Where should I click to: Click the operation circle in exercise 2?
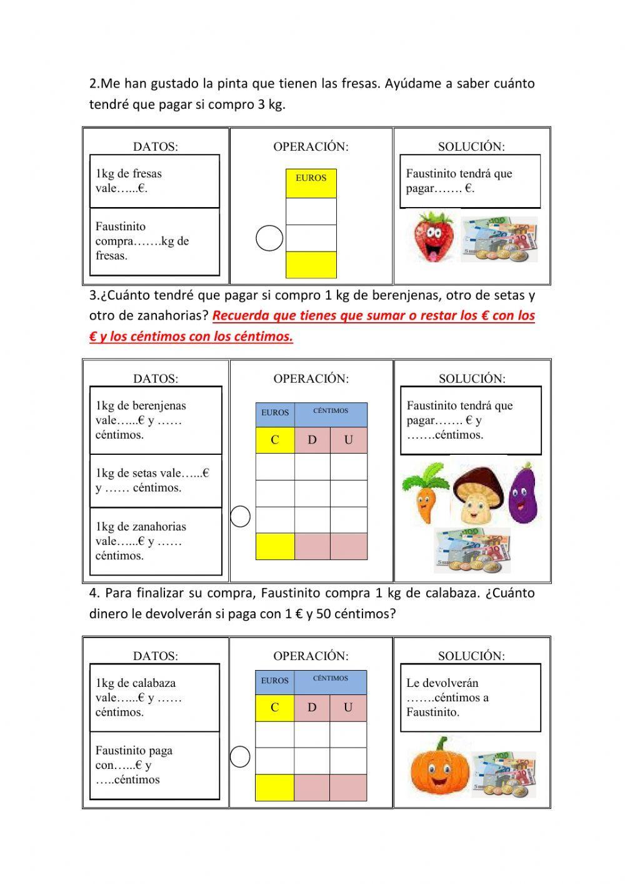[270, 238]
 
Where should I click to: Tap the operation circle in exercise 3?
[241, 516]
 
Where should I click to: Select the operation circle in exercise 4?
[240, 756]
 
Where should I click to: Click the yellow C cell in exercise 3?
[275, 440]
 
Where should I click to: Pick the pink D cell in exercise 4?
[312, 708]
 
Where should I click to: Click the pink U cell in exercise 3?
[349, 440]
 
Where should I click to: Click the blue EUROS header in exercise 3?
[275, 413]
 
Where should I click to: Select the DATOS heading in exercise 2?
[156, 146]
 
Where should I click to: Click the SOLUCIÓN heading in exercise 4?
[471, 656]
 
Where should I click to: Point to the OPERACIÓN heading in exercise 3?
[311, 378]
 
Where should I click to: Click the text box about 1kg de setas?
[156, 480]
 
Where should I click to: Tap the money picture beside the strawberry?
[499, 239]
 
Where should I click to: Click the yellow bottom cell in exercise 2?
[311, 265]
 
